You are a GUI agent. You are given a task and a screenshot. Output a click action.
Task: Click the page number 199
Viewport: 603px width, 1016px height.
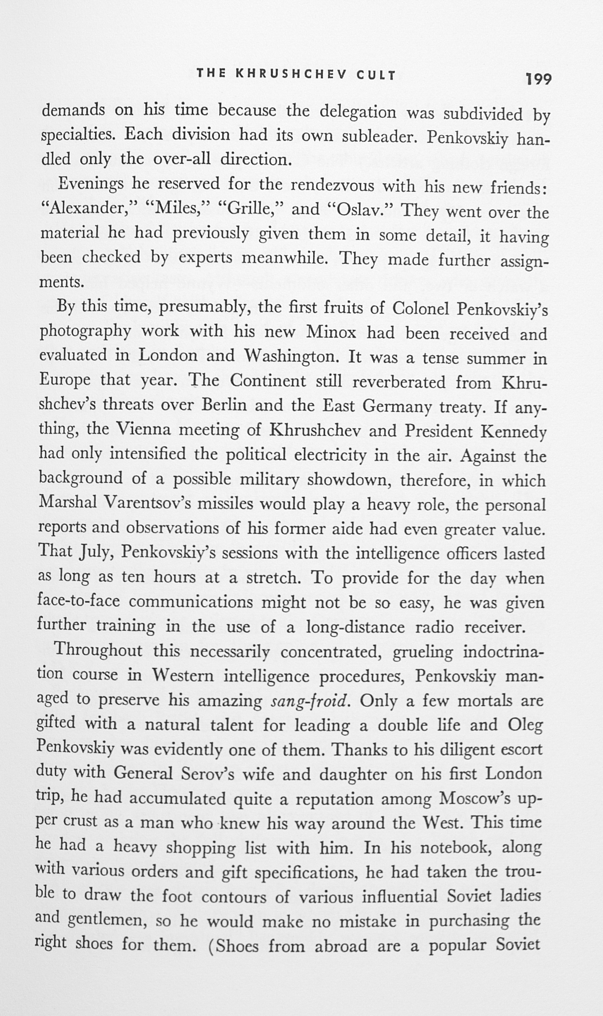[x=539, y=79]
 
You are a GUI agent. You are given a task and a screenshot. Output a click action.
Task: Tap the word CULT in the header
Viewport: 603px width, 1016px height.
[x=376, y=75]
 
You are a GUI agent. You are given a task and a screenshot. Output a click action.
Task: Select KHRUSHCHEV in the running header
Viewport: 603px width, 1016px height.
[x=292, y=75]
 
